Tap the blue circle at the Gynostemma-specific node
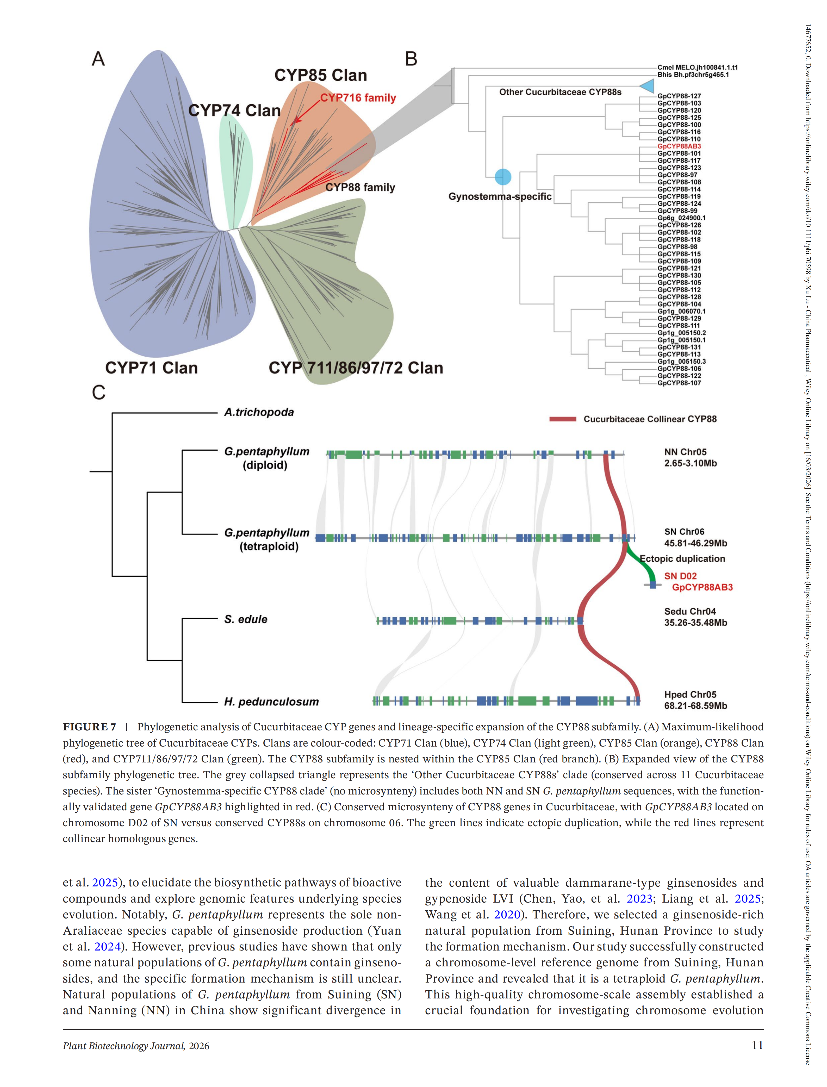tap(503, 177)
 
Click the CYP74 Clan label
tap(234, 110)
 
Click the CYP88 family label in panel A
tap(360, 188)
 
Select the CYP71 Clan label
tap(152, 368)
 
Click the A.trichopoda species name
tap(259, 412)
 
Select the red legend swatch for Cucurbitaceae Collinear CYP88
tap(563, 419)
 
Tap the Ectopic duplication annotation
tap(682, 559)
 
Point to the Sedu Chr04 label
tap(690, 611)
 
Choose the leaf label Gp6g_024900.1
tap(681, 218)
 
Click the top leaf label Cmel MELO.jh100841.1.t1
tap(698, 67)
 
